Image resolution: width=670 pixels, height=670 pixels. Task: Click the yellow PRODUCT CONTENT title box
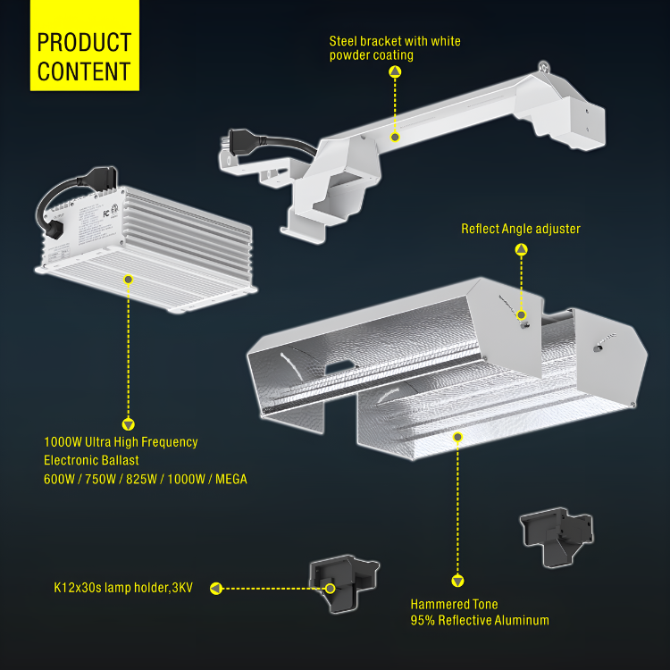tap(85, 46)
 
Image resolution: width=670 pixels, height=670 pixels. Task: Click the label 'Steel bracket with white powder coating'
tap(394, 48)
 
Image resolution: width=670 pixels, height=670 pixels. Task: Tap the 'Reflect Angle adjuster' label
tap(521, 229)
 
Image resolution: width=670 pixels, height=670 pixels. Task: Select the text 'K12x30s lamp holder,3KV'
tap(123, 588)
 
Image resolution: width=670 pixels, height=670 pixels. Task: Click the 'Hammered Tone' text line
tap(454, 604)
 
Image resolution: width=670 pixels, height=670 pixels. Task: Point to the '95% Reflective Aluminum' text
tap(480, 620)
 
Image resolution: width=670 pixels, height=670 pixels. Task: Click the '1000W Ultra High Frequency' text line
tap(121, 442)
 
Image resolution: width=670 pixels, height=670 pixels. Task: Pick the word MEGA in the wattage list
tap(231, 479)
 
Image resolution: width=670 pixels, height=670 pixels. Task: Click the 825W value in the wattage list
tap(141, 479)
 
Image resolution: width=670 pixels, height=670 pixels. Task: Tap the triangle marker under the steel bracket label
tap(395, 71)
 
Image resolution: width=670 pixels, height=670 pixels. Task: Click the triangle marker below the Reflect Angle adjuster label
tap(521, 249)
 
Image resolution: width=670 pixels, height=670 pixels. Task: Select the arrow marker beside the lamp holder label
tap(216, 589)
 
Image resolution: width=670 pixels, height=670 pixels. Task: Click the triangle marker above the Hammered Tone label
tap(457, 582)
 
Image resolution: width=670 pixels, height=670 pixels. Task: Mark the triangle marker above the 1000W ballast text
tap(128, 424)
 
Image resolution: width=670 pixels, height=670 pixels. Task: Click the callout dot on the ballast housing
tap(128, 280)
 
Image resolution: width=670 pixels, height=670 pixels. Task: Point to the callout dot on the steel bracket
tap(395, 138)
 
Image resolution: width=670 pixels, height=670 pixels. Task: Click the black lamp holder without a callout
tap(557, 537)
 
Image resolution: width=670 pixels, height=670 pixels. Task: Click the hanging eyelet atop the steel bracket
tap(543, 66)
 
